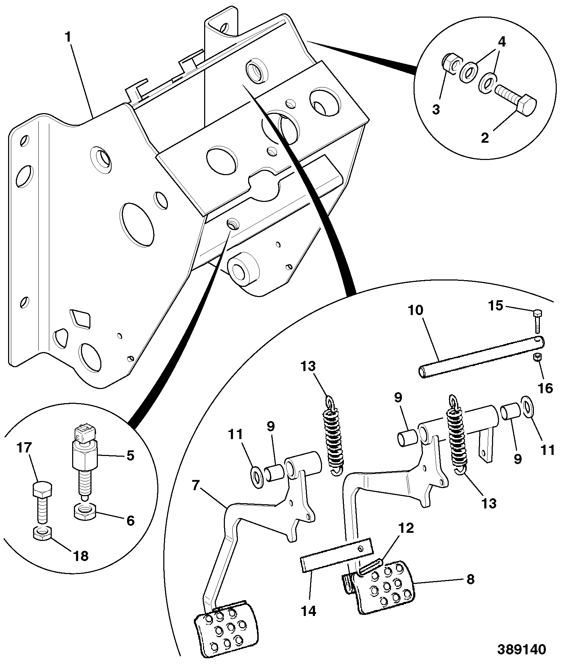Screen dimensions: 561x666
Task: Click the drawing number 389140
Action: [522, 649]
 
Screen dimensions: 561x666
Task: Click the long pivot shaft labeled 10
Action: [481, 358]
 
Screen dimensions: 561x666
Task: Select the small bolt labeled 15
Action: [537, 321]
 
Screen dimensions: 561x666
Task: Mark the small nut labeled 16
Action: [537, 357]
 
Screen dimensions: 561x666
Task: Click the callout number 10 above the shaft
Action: [416, 310]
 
